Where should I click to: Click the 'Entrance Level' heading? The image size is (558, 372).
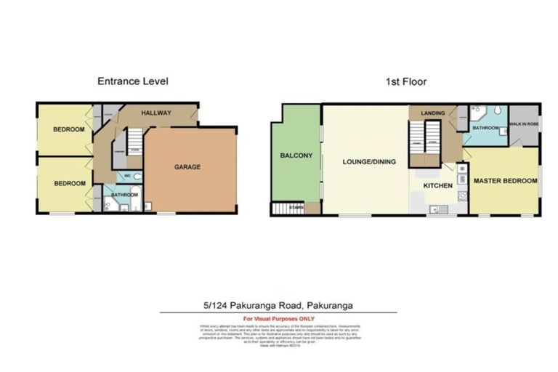pos(132,81)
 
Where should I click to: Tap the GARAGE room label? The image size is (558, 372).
pos(187,167)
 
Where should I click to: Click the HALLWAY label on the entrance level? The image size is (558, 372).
pos(155,113)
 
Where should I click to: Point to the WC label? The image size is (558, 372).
pos(127,177)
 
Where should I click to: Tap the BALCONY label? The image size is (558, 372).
pos(295,155)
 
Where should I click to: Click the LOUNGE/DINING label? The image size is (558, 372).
pos(369,161)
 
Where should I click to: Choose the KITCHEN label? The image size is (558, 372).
pos(438,186)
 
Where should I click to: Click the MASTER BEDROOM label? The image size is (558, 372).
pos(505,180)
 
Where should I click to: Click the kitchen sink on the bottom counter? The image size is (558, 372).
pos(436,209)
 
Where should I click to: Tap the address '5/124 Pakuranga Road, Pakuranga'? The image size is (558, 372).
pos(279,305)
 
